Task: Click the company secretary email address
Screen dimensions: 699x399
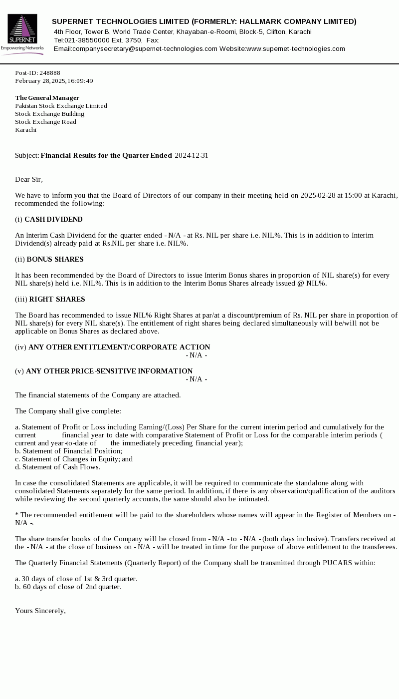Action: [x=145, y=49]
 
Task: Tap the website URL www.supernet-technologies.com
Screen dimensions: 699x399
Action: [x=296, y=49]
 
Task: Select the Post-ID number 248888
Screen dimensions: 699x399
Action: [x=50, y=73]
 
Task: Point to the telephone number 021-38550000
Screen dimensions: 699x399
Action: [x=87, y=40]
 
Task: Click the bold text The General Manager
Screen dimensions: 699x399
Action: [x=47, y=98]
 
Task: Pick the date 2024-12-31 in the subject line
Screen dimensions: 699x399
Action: [x=192, y=156]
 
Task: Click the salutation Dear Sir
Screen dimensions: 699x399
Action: [x=29, y=180]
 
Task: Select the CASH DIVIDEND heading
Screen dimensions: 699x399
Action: [x=53, y=220]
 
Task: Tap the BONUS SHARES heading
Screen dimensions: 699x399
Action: [x=55, y=260]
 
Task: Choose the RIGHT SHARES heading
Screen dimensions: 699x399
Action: [x=57, y=300]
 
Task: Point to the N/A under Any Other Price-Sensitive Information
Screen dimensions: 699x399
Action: [x=197, y=379]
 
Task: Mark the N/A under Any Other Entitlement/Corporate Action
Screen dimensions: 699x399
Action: [x=197, y=355]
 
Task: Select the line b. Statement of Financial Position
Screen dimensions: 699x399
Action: [x=68, y=451]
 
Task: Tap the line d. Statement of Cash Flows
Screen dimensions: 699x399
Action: [x=58, y=467]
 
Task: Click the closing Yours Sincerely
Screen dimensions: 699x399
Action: [x=40, y=611]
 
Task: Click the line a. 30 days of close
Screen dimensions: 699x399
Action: [x=76, y=579]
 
